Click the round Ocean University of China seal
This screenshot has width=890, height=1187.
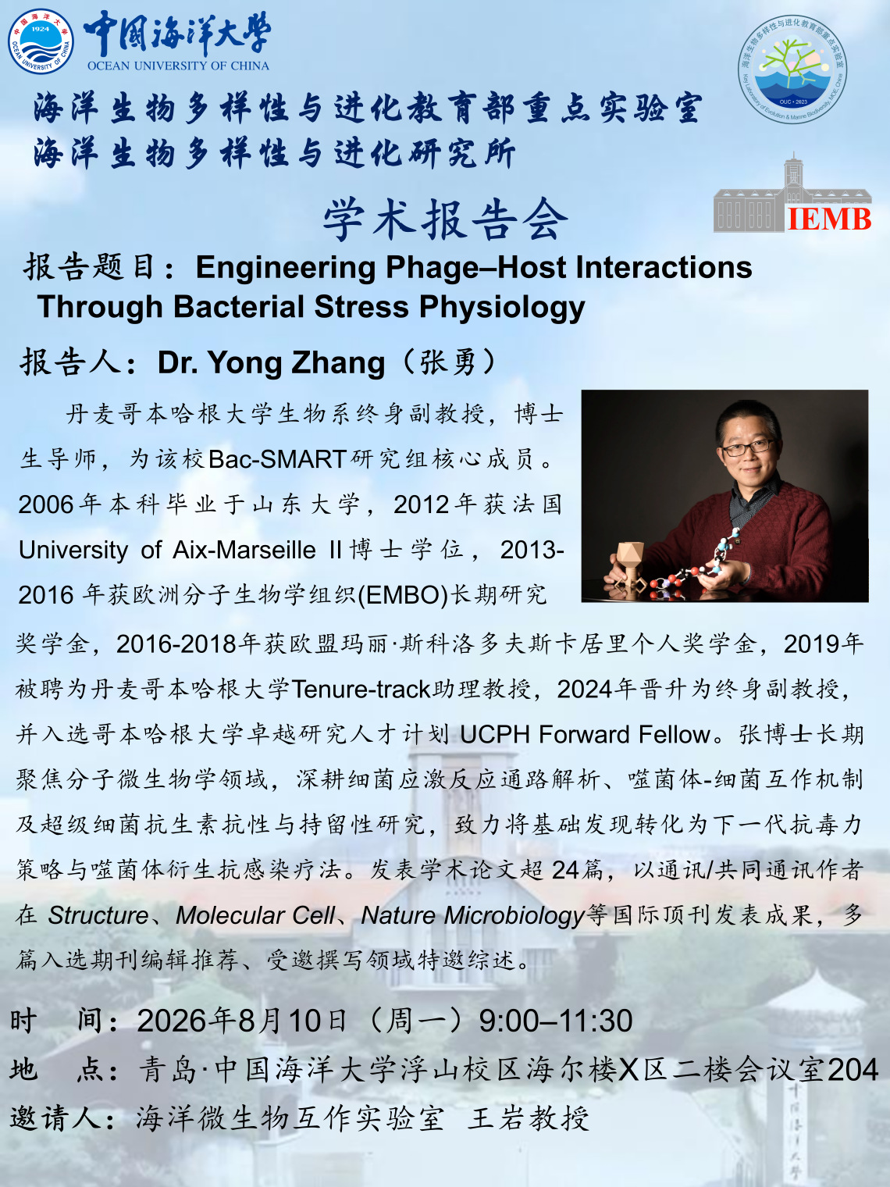[41, 41]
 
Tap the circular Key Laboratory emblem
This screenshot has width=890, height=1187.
[792, 70]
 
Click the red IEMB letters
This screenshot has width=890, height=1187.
[829, 219]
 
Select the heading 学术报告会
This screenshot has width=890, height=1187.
[445, 219]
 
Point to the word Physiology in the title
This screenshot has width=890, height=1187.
[502, 307]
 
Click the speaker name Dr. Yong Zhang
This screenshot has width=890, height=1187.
[271, 362]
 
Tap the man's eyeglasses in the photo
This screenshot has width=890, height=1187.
[749, 447]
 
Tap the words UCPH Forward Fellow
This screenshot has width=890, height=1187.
[585, 734]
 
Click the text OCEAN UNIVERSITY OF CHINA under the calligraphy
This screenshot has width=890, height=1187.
[178, 66]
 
